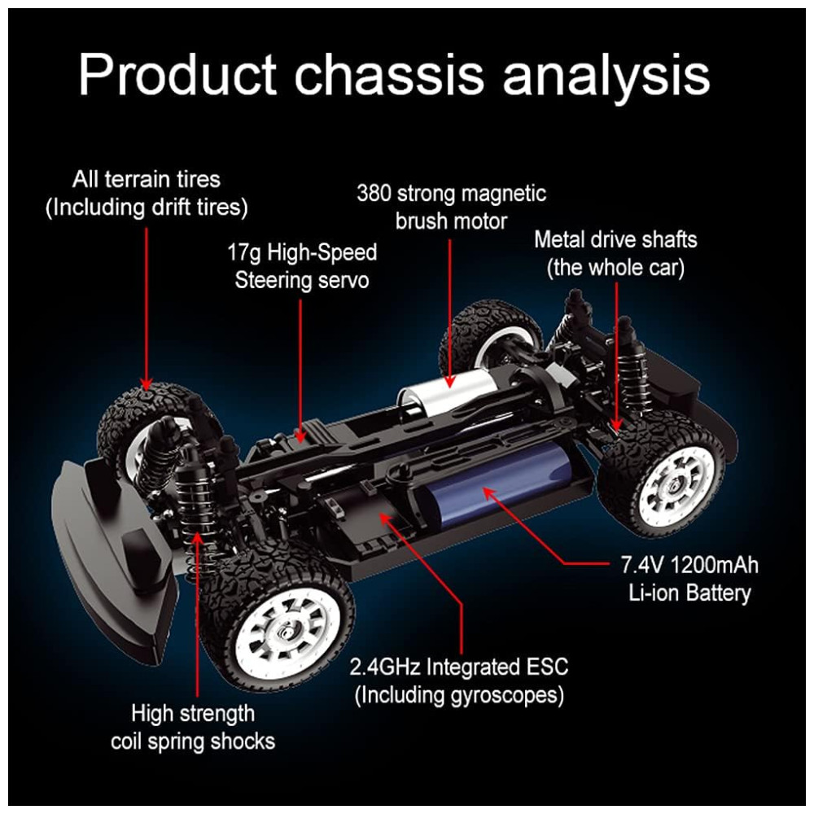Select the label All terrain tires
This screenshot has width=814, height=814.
pyautogui.click(x=147, y=179)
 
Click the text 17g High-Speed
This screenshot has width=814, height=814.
pyautogui.click(x=302, y=252)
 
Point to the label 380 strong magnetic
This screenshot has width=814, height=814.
pyautogui.click(x=452, y=194)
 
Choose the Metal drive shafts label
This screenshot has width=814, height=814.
pyautogui.click(x=615, y=239)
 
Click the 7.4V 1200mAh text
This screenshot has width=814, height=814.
pyautogui.click(x=689, y=565)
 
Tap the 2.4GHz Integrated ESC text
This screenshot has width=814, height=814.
pyautogui.click(x=459, y=667)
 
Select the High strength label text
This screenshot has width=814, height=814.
pyautogui.click(x=193, y=714)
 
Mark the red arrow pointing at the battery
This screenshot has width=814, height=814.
pyautogui.click(x=554, y=537)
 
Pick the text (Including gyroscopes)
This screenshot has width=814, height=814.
pyautogui.click(x=459, y=695)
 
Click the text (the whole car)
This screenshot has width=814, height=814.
pyautogui.click(x=615, y=267)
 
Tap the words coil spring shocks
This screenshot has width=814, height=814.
pyautogui.click(x=193, y=742)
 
